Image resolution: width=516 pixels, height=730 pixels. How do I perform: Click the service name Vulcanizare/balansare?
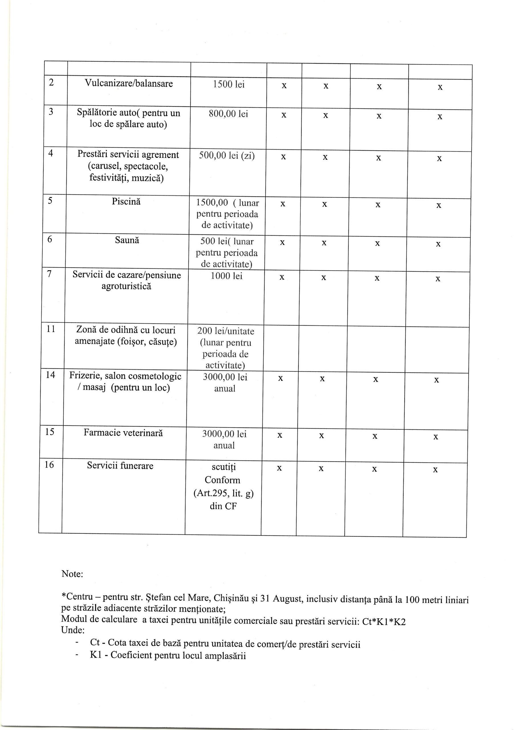(x=129, y=84)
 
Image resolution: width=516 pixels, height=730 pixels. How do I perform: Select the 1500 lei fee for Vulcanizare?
(x=228, y=85)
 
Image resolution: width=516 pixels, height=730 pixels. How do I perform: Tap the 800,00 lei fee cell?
(x=228, y=114)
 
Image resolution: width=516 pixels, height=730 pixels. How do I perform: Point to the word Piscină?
(x=126, y=202)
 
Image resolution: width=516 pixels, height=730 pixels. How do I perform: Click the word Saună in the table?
(x=127, y=240)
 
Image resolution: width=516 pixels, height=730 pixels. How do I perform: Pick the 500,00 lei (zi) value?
(x=227, y=155)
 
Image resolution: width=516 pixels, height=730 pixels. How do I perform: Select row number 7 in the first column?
(x=49, y=274)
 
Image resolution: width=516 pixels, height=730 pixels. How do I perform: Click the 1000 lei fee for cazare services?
(x=226, y=276)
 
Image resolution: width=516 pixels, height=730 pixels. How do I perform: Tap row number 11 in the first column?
(x=50, y=329)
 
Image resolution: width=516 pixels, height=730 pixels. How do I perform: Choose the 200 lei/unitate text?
(x=226, y=331)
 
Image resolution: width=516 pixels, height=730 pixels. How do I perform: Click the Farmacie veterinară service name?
(x=123, y=433)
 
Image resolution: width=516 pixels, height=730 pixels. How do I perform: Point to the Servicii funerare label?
(x=120, y=466)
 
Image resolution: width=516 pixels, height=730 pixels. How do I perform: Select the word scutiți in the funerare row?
(x=224, y=467)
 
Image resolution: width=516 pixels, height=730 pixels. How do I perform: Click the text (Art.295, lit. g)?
(x=223, y=493)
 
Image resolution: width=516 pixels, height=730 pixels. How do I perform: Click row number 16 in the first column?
(x=49, y=465)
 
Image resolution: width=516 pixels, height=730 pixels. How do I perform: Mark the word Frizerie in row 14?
(x=84, y=376)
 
